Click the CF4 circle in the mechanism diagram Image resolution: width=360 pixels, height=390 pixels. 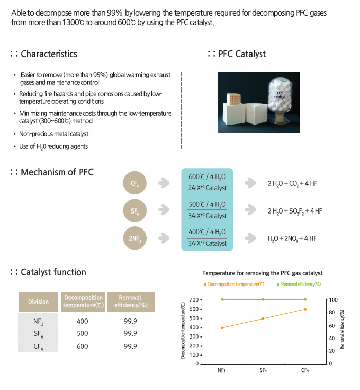(135, 183)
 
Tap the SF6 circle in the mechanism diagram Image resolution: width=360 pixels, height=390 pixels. (135, 210)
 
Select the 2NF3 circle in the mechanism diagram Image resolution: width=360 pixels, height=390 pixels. (135, 238)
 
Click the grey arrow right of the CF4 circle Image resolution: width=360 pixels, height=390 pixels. (164, 183)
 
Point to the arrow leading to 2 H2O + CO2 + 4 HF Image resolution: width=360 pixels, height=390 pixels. (250, 183)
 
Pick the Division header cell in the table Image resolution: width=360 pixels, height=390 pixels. (39, 302)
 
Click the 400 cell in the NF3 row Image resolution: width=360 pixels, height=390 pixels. (82, 322)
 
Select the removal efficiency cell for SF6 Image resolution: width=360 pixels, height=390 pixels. (130, 334)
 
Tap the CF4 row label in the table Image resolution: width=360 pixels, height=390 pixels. (39, 346)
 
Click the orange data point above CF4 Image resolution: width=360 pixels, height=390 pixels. (305, 309)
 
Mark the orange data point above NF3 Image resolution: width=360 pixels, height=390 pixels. (222, 328)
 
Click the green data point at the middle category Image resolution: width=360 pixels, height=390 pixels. (263, 299)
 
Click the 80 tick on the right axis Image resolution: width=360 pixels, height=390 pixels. (333, 313)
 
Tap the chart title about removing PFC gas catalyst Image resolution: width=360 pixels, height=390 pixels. (262, 273)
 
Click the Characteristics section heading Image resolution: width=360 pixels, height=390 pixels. (49, 54)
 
